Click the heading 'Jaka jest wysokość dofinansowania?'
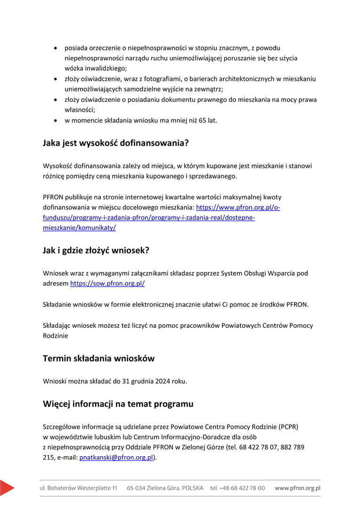pyautogui.click(x=115, y=143)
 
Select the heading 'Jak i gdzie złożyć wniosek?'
pyautogui.click(x=96, y=250)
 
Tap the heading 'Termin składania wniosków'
pyautogui.click(x=98, y=358)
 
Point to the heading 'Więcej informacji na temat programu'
pyautogui.click(x=118, y=404)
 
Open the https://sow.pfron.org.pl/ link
pyautogui.click(x=107, y=284)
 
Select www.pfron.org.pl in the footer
pyautogui.click(x=297, y=488)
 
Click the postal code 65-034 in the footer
pyautogui.click(x=137, y=488)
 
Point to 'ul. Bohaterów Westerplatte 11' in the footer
pyautogui.click(x=79, y=488)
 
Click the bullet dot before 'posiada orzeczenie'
pyautogui.click(x=56, y=48)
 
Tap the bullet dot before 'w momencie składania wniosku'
pyautogui.click(x=56, y=120)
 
